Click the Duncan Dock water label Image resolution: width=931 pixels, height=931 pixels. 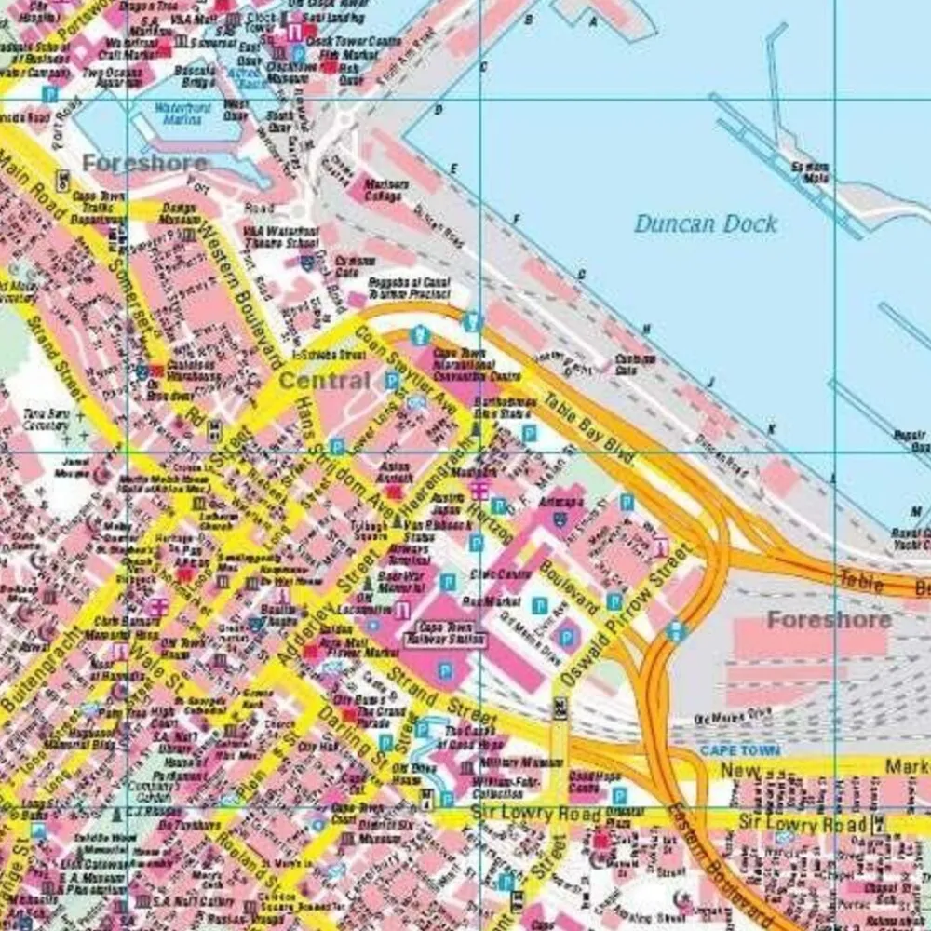pyautogui.click(x=705, y=223)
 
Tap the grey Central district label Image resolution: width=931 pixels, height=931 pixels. pyautogui.click(x=324, y=381)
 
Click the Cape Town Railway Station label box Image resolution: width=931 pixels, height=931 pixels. pyautogui.click(x=444, y=634)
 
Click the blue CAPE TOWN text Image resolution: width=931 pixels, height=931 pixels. pyautogui.click(x=740, y=750)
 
